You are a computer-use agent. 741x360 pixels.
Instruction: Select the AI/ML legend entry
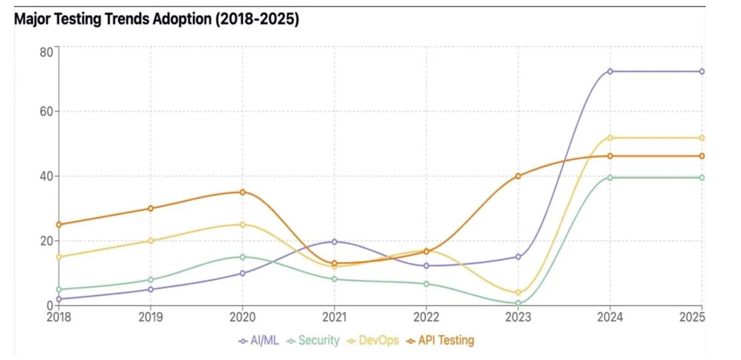click(x=258, y=340)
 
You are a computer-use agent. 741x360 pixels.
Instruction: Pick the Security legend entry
click(x=313, y=340)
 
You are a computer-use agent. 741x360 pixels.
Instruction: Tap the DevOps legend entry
click(x=373, y=340)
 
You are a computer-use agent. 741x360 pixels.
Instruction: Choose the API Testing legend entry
click(x=440, y=340)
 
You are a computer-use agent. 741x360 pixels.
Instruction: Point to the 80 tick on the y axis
click(x=46, y=52)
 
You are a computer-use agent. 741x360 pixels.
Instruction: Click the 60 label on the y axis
click(x=46, y=111)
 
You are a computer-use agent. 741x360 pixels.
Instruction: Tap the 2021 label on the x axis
click(x=334, y=317)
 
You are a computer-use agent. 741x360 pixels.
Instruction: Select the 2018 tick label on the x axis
click(x=59, y=317)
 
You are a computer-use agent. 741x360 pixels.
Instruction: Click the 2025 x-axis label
click(x=692, y=317)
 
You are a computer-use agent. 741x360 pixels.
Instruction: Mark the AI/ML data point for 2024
click(x=610, y=72)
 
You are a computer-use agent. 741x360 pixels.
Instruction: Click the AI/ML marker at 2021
click(x=334, y=242)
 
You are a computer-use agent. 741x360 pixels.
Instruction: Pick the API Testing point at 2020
click(x=243, y=192)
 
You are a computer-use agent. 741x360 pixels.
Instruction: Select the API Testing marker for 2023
click(x=518, y=176)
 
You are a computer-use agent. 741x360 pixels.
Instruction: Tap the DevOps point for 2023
click(x=518, y=293)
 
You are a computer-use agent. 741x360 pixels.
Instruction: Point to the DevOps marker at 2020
click(x=243, y=225)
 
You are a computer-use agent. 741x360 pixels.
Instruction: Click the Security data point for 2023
click(x=518, y=303)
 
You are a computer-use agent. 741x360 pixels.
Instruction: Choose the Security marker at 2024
click(x=610, y=178)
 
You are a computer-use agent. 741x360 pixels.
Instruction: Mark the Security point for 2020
click(x=243, y=257)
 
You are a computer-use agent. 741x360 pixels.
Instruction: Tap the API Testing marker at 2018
click(x=59, y=225)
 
